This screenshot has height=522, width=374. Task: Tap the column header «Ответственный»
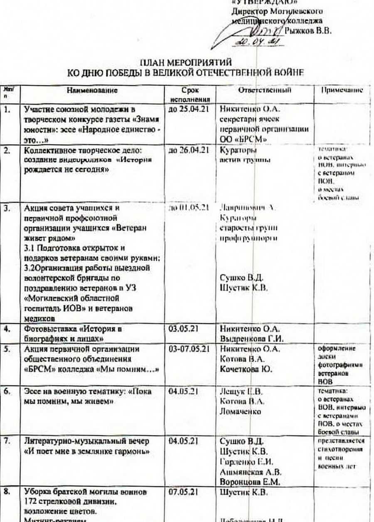(x=265, y=90)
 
